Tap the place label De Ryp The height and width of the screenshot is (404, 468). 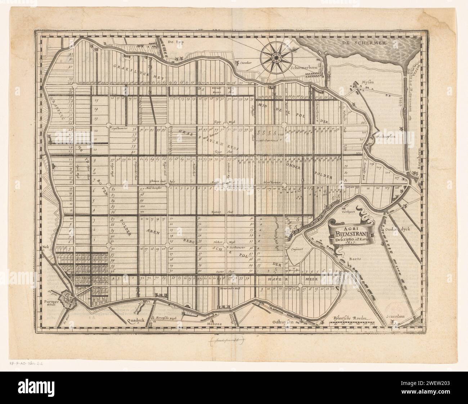pyautogui.click(x=176, y=42)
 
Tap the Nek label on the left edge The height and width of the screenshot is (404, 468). pyautogui.click(x=45, y=247)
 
